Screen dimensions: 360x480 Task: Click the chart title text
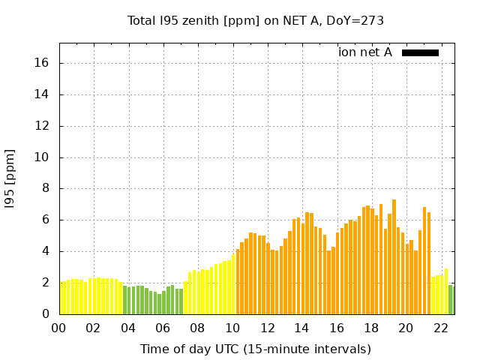256,20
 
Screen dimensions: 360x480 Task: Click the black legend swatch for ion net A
420,52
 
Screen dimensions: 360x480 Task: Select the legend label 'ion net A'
365,52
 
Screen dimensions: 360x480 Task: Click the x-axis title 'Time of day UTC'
256,349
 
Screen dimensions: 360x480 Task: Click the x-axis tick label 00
58,328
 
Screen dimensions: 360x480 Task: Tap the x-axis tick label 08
197,328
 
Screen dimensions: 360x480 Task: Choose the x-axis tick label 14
301,328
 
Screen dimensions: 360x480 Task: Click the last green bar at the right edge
451,300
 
